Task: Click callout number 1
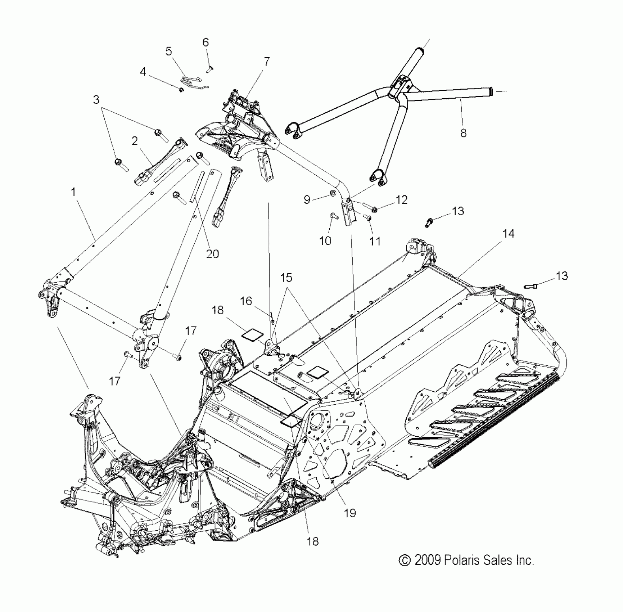[73, 192]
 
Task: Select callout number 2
[135, 141]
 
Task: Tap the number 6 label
[206, 42]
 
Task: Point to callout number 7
[267, 62]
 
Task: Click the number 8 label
[464, 133]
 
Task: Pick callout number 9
[307, 199]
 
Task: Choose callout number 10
[325, 240]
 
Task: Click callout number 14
[509, 234]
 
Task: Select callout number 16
[246, 301]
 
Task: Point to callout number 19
[350, 513]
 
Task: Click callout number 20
[213, 254]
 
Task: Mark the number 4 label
[143, 72]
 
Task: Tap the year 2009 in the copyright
[428, 561]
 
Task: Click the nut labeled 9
[333, 194]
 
